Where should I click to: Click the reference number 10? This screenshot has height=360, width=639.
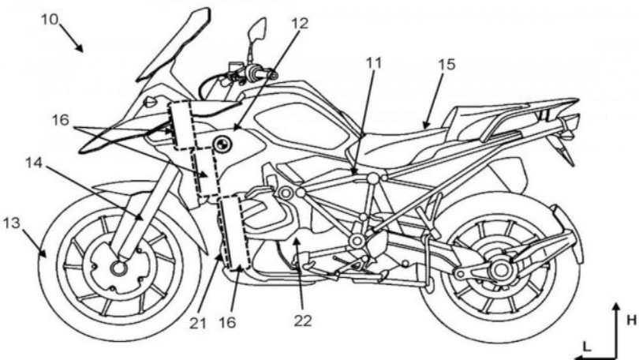click(x=49, y=18)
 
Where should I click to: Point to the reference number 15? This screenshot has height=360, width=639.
click(x=447, y=63)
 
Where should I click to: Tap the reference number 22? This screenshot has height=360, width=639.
click(x=303, y=321)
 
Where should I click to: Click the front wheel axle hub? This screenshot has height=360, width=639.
click(x=119, y=268)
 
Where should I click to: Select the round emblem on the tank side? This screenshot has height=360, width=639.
click(x=224, y=144)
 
